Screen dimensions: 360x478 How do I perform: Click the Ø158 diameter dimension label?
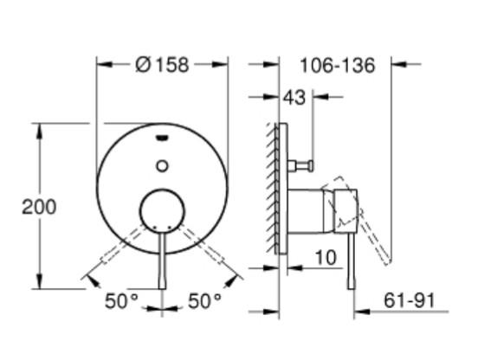pyautogui.click(x=163, y=65)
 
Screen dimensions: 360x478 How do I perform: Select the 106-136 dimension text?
pyautogui.click(x=338, y=66)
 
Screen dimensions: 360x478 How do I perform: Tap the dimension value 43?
pyautogui.click(x=294, y=98)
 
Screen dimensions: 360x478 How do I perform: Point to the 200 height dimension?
pyautogui.click(x=39, y=207)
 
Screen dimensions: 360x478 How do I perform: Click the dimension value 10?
pyautogui.click(x=326, y=257)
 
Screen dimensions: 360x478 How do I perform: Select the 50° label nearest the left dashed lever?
pyautogui.click(x=121, y=300)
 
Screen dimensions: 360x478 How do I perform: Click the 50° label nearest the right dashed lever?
pyautogui.click(x=205, y=300)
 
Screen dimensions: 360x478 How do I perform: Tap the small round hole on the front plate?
pyautogui.click(x=162, y=164)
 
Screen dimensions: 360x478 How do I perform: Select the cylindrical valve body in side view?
pyautogui.click(x=307, y=211)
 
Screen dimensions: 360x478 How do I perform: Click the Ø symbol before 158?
pyautogui.click(x=144, y=65)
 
